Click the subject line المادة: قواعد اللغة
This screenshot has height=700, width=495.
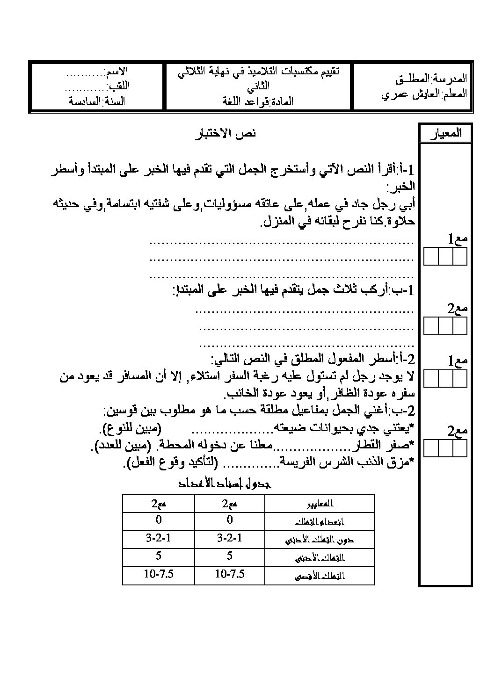coord(259,101)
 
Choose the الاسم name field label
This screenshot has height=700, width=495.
coord(117,72)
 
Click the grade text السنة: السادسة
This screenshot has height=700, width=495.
coord(97,101)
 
